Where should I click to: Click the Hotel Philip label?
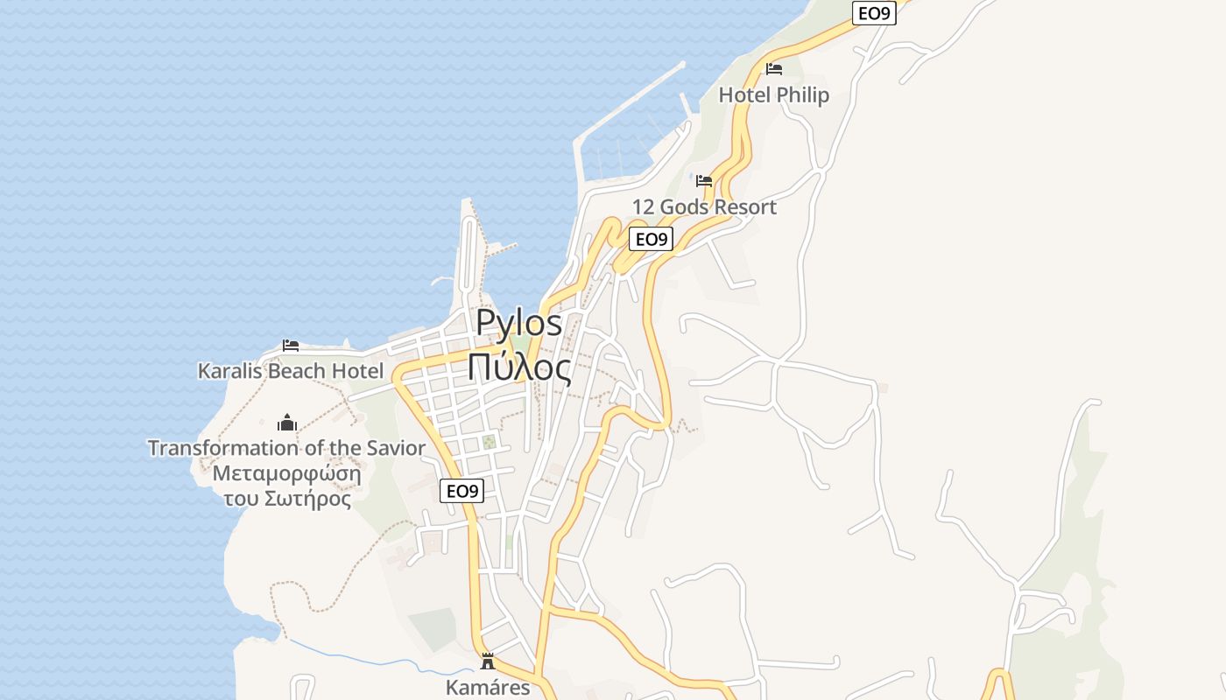pyautogui.click(x=773, y=94)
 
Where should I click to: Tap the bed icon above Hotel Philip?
pyautogui.click(x=773, y=68)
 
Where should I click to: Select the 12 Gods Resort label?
pyautogui.click(x=704, y=207)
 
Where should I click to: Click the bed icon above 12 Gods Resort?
pyautogui.click(x=704, y=181)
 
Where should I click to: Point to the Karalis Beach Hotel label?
pyautogui.click(x=291, y=371)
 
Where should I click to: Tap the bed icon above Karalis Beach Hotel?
pyautogui.click(x=291, y=346)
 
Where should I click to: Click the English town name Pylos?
pyautogui.click(x=518, y=324)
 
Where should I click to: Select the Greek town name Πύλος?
pyautogui.click(x=518, y=367)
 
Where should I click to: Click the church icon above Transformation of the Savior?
pyautogui.click(x=287, y=423)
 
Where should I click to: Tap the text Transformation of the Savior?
pyautogui.click(x=286, y=448)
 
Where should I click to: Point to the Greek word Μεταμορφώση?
pyautogui.click(x=286, y=474)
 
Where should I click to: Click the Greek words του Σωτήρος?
pyautogui.click(x=286, y=500)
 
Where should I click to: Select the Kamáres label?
pyautogui.click(x=488, y=687)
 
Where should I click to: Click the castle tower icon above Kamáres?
pyautogui.click(x=488, y=661)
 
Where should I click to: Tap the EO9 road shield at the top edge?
pyautogui.click(x=874, y=12)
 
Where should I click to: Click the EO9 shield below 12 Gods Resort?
pyautogui.click(x=651, y=239)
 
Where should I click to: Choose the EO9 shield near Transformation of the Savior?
pyautogui.click(x=462, y=491)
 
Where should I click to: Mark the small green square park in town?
pyautogui.click(x=490, y=442)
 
